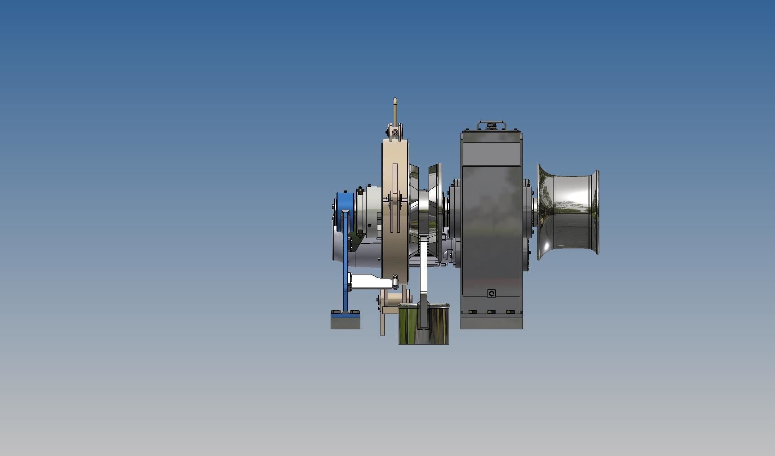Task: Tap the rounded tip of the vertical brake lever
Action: [x=395, y=101]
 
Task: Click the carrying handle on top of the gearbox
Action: [x=492, y=123]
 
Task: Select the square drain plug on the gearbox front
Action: [x=492, y=293]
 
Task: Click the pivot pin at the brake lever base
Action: [x=395, y=132]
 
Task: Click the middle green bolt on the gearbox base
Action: [x=491, y=311]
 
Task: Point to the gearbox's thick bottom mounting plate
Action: [x=492, y=322]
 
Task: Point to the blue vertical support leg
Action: [x=345, y=270]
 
